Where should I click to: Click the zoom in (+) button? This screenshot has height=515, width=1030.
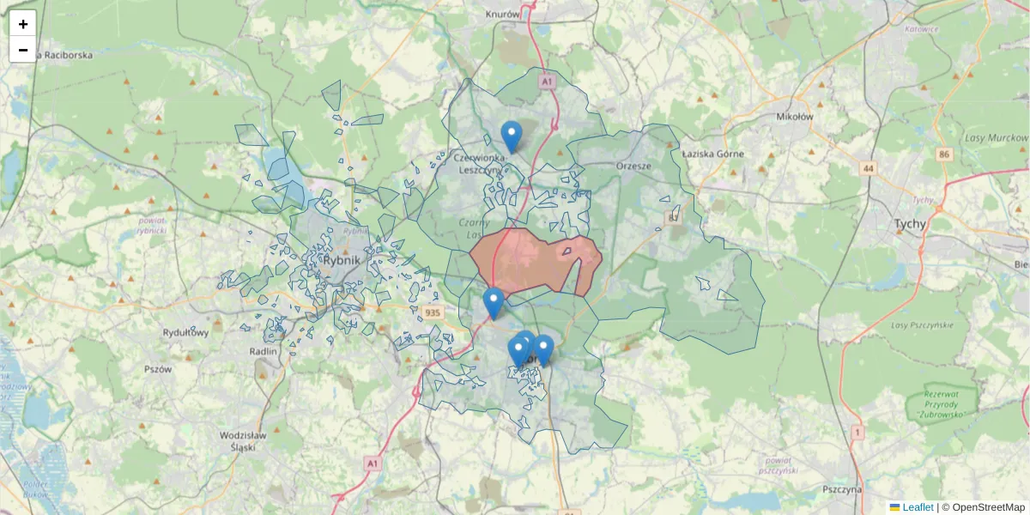[23, 24]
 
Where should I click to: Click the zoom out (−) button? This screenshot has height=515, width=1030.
[23, 50]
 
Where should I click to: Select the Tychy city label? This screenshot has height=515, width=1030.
[910, 225]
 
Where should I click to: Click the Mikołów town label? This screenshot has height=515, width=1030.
[793, 117]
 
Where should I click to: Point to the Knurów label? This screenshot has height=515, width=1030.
[503, 15]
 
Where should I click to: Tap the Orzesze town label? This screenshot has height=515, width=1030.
[633, 166]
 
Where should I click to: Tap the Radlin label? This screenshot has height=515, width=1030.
[263, 351]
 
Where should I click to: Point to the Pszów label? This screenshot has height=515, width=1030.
[159, 369]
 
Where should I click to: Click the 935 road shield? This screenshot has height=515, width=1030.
[432, 313]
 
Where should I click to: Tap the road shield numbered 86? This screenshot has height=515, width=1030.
[945, 154]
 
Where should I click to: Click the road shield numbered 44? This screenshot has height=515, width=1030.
[869, 169]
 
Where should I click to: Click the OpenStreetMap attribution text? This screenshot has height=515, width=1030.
[988, 507]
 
